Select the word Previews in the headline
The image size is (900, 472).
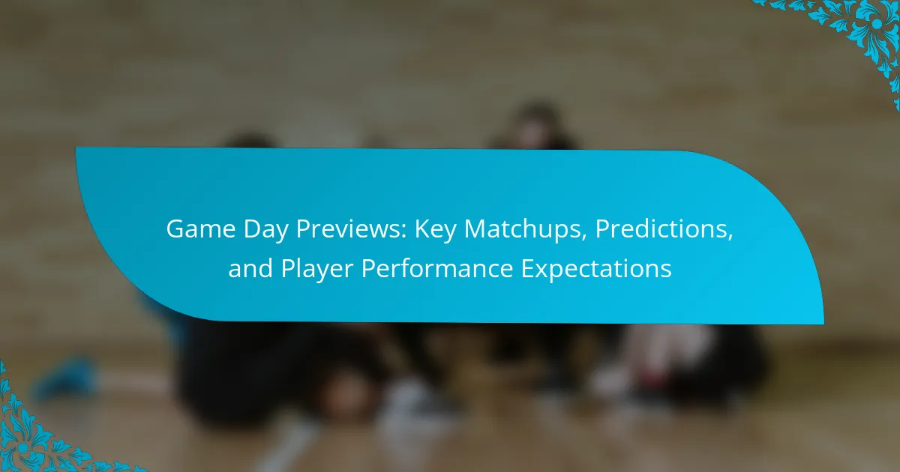pos(350,229)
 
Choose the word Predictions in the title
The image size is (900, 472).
pos(661,229)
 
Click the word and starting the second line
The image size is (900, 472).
pos(250,268)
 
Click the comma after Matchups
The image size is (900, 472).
pos(585,237)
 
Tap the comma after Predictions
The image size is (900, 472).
pos(730,237)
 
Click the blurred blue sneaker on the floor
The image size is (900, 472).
pos(66,379)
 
